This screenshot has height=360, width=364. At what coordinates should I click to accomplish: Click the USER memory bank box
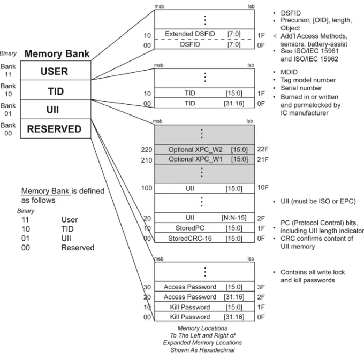click(x=56, y=71)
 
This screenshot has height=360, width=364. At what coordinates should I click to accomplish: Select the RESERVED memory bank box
click(x=56, y=129)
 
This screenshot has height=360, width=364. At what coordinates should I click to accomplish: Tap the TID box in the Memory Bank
click(x=56, y=90)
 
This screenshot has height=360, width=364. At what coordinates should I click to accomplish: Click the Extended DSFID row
click(x=204, y=34)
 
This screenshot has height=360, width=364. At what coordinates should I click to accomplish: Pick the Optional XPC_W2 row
click(x=204, y=149)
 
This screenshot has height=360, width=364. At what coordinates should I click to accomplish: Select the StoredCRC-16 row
click(x=204, y=238)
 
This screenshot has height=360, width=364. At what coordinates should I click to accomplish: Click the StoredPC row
click(x=204, y=228)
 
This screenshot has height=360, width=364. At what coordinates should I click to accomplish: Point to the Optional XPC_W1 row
click(x=204, y=159)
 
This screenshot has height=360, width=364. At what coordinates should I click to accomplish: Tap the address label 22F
click(x=262, y=149)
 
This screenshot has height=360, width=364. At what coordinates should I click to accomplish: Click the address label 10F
click(x=263, y=187)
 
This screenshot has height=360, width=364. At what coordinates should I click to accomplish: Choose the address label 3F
click(x=261, y=287)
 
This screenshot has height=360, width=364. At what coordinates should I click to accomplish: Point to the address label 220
click(x=147, y=150)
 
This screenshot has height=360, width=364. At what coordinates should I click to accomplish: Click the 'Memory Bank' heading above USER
click(x=57, y=53)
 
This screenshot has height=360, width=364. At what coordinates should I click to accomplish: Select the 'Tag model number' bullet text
click(x=308, y=80)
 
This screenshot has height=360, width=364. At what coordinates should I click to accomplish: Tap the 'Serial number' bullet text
click(x=301, y=88)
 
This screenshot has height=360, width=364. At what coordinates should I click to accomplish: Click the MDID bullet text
click(x=289, y=72)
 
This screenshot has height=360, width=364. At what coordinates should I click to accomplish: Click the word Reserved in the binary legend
click(x=78, y=248)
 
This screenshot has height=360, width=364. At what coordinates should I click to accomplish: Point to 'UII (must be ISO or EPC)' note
click(x=318, y=201)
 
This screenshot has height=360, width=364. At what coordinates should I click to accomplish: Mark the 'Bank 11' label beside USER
click(x=8, y=71)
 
